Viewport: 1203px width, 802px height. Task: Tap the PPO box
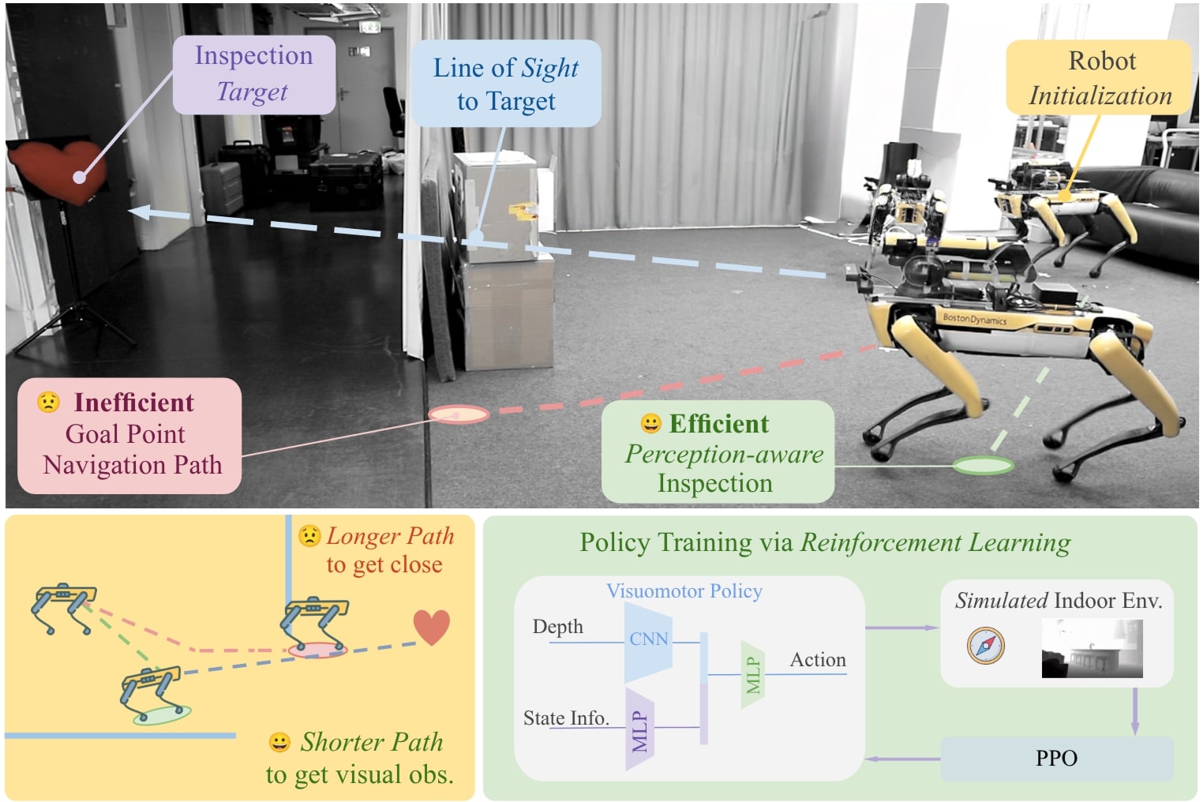click(x=1056, y=759)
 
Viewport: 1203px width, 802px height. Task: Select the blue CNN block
click(x=648, y=640)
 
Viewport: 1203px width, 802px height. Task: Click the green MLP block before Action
click(x=753, y=674)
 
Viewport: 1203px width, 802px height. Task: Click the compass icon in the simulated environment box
click(x=986, y=646)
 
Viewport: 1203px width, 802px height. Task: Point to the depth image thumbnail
click(x=1092, y=648)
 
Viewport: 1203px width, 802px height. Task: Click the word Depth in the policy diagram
click(x=557, y=627)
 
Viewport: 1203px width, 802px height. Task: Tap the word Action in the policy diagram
click(x=818, y=660)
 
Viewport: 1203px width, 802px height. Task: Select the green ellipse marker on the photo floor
click(x=983, y=466)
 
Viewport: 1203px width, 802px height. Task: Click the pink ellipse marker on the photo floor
click(x=458, y=414)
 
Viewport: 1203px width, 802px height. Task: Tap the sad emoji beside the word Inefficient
click(x=48, y=403)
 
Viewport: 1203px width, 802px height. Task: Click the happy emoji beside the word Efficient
click(x=650, y=424)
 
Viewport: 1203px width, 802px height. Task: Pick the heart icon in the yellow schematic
click(x=432, y=627)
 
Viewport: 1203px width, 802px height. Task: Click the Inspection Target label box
click(x=253, y=73)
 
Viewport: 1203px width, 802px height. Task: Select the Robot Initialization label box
click(x=1100, y=78)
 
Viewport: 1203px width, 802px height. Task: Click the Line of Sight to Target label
click(x=506, y=84)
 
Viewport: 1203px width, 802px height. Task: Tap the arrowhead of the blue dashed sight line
click(x=141, y=212)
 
